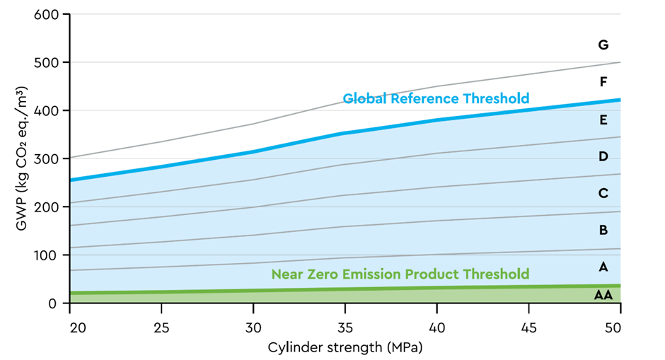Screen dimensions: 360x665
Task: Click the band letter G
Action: coord(603,45)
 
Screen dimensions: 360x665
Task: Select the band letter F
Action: coord(603,82)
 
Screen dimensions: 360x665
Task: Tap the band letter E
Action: coord(603,120)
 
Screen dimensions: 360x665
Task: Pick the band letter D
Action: coord(603,156)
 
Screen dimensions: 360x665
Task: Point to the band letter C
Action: coord(603,193)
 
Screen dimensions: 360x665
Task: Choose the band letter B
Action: coord(603,230)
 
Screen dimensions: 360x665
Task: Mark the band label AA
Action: coord(603,295)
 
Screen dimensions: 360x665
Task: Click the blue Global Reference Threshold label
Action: coord(436,98)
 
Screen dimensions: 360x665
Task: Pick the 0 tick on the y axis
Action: coord(55,303)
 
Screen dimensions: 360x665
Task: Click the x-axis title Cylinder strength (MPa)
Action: coord(344,347)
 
